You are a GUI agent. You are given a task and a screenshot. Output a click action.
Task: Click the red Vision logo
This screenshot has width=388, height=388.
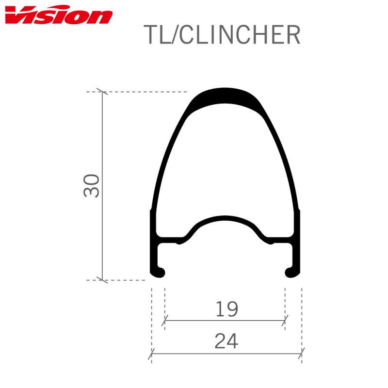point(58,16)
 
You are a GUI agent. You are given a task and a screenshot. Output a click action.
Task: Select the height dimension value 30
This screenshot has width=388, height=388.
point(92,185)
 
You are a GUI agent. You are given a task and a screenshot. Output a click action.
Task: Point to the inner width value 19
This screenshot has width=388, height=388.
point(226,309)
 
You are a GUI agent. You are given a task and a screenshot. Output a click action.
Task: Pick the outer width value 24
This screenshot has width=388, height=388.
point(226,341)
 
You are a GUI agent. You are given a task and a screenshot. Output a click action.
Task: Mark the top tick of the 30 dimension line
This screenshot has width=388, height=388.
point(102,92)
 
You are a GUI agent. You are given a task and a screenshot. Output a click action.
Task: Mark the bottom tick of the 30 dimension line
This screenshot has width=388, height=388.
point(102,279)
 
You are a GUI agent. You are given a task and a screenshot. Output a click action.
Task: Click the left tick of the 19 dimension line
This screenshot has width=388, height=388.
point(165,320)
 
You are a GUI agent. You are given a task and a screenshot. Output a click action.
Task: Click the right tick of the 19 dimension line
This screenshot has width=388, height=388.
point(285,320)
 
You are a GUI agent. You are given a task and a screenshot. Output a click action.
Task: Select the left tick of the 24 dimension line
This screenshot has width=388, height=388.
point(151,353)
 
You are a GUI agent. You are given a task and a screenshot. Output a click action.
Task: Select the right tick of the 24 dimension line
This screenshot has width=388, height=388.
point(301,353)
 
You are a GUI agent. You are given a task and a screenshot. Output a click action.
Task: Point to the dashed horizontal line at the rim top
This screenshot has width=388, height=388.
point(145,92)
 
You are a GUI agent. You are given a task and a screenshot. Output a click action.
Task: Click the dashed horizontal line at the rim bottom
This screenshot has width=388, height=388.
point(126,280)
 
